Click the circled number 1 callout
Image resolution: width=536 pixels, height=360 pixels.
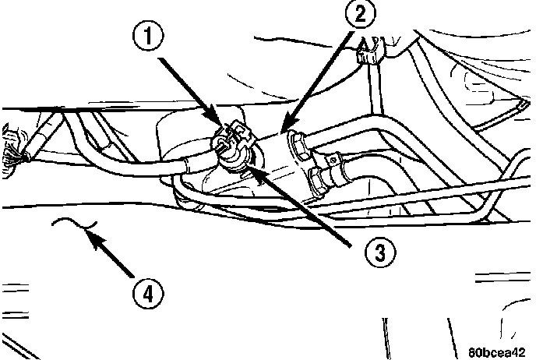click(148, 36)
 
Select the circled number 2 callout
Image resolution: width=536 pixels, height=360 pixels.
click(360, 15)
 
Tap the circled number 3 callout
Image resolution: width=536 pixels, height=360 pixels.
click(380, 252)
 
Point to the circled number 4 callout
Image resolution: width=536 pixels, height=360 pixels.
click(148, 294)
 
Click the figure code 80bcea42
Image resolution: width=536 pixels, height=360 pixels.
click(497, 352)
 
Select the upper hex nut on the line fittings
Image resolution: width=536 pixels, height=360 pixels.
click(297, 146)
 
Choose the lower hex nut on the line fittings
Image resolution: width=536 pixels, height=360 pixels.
click(317, 182)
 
